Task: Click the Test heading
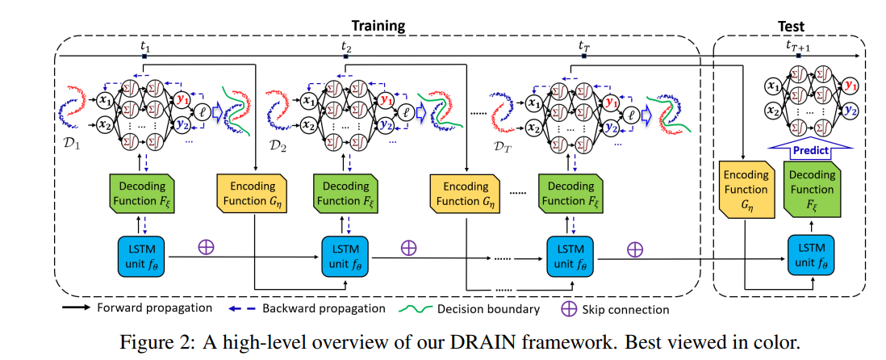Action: pos(790,26)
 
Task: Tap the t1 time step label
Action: pos(144,47)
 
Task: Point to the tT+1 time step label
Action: pos(798,47)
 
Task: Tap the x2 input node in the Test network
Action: pos(772,111)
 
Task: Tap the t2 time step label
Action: pos(346,47)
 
